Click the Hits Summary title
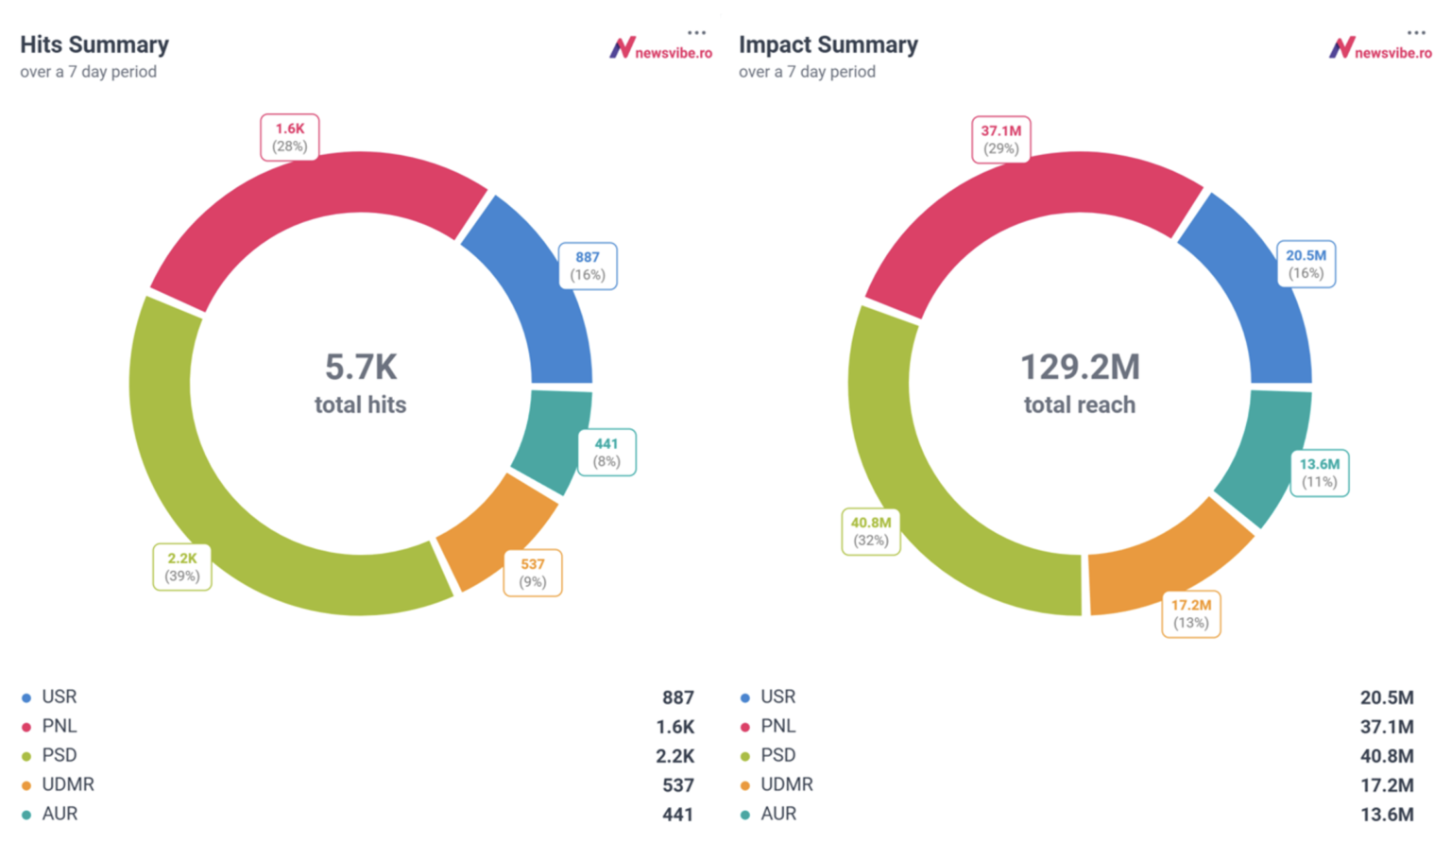pyautogui.click(x=94, y=44)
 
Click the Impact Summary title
pyautogui.click(x=828, y=44)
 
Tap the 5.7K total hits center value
pyautogui.click(x=361, y=368)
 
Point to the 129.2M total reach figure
pyautogui.click(x=1080, y=368)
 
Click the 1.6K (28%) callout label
pyautogui.click(x=290, y=137)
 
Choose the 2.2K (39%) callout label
pyautogui.click(x=182, y=567)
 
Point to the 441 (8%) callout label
pyautogui.click(x=606, y=453)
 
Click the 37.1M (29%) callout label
pyautogui.click(x=1000, y=140)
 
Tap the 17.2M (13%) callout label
pyautogui.click(x=1190, y=614)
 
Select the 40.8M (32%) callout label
pyautogui.click(x=870, y=531)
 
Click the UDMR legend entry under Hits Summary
pyautogui.click(x=67, y=784)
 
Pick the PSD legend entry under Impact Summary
pyautogui.click(x=777, y=755)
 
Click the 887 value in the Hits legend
pyautogui.click(x=677, y=697)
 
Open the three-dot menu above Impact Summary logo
pyautogui.click(x=1415, y=32)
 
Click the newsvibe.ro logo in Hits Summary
pyautogui.click(x=661, y=49)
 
